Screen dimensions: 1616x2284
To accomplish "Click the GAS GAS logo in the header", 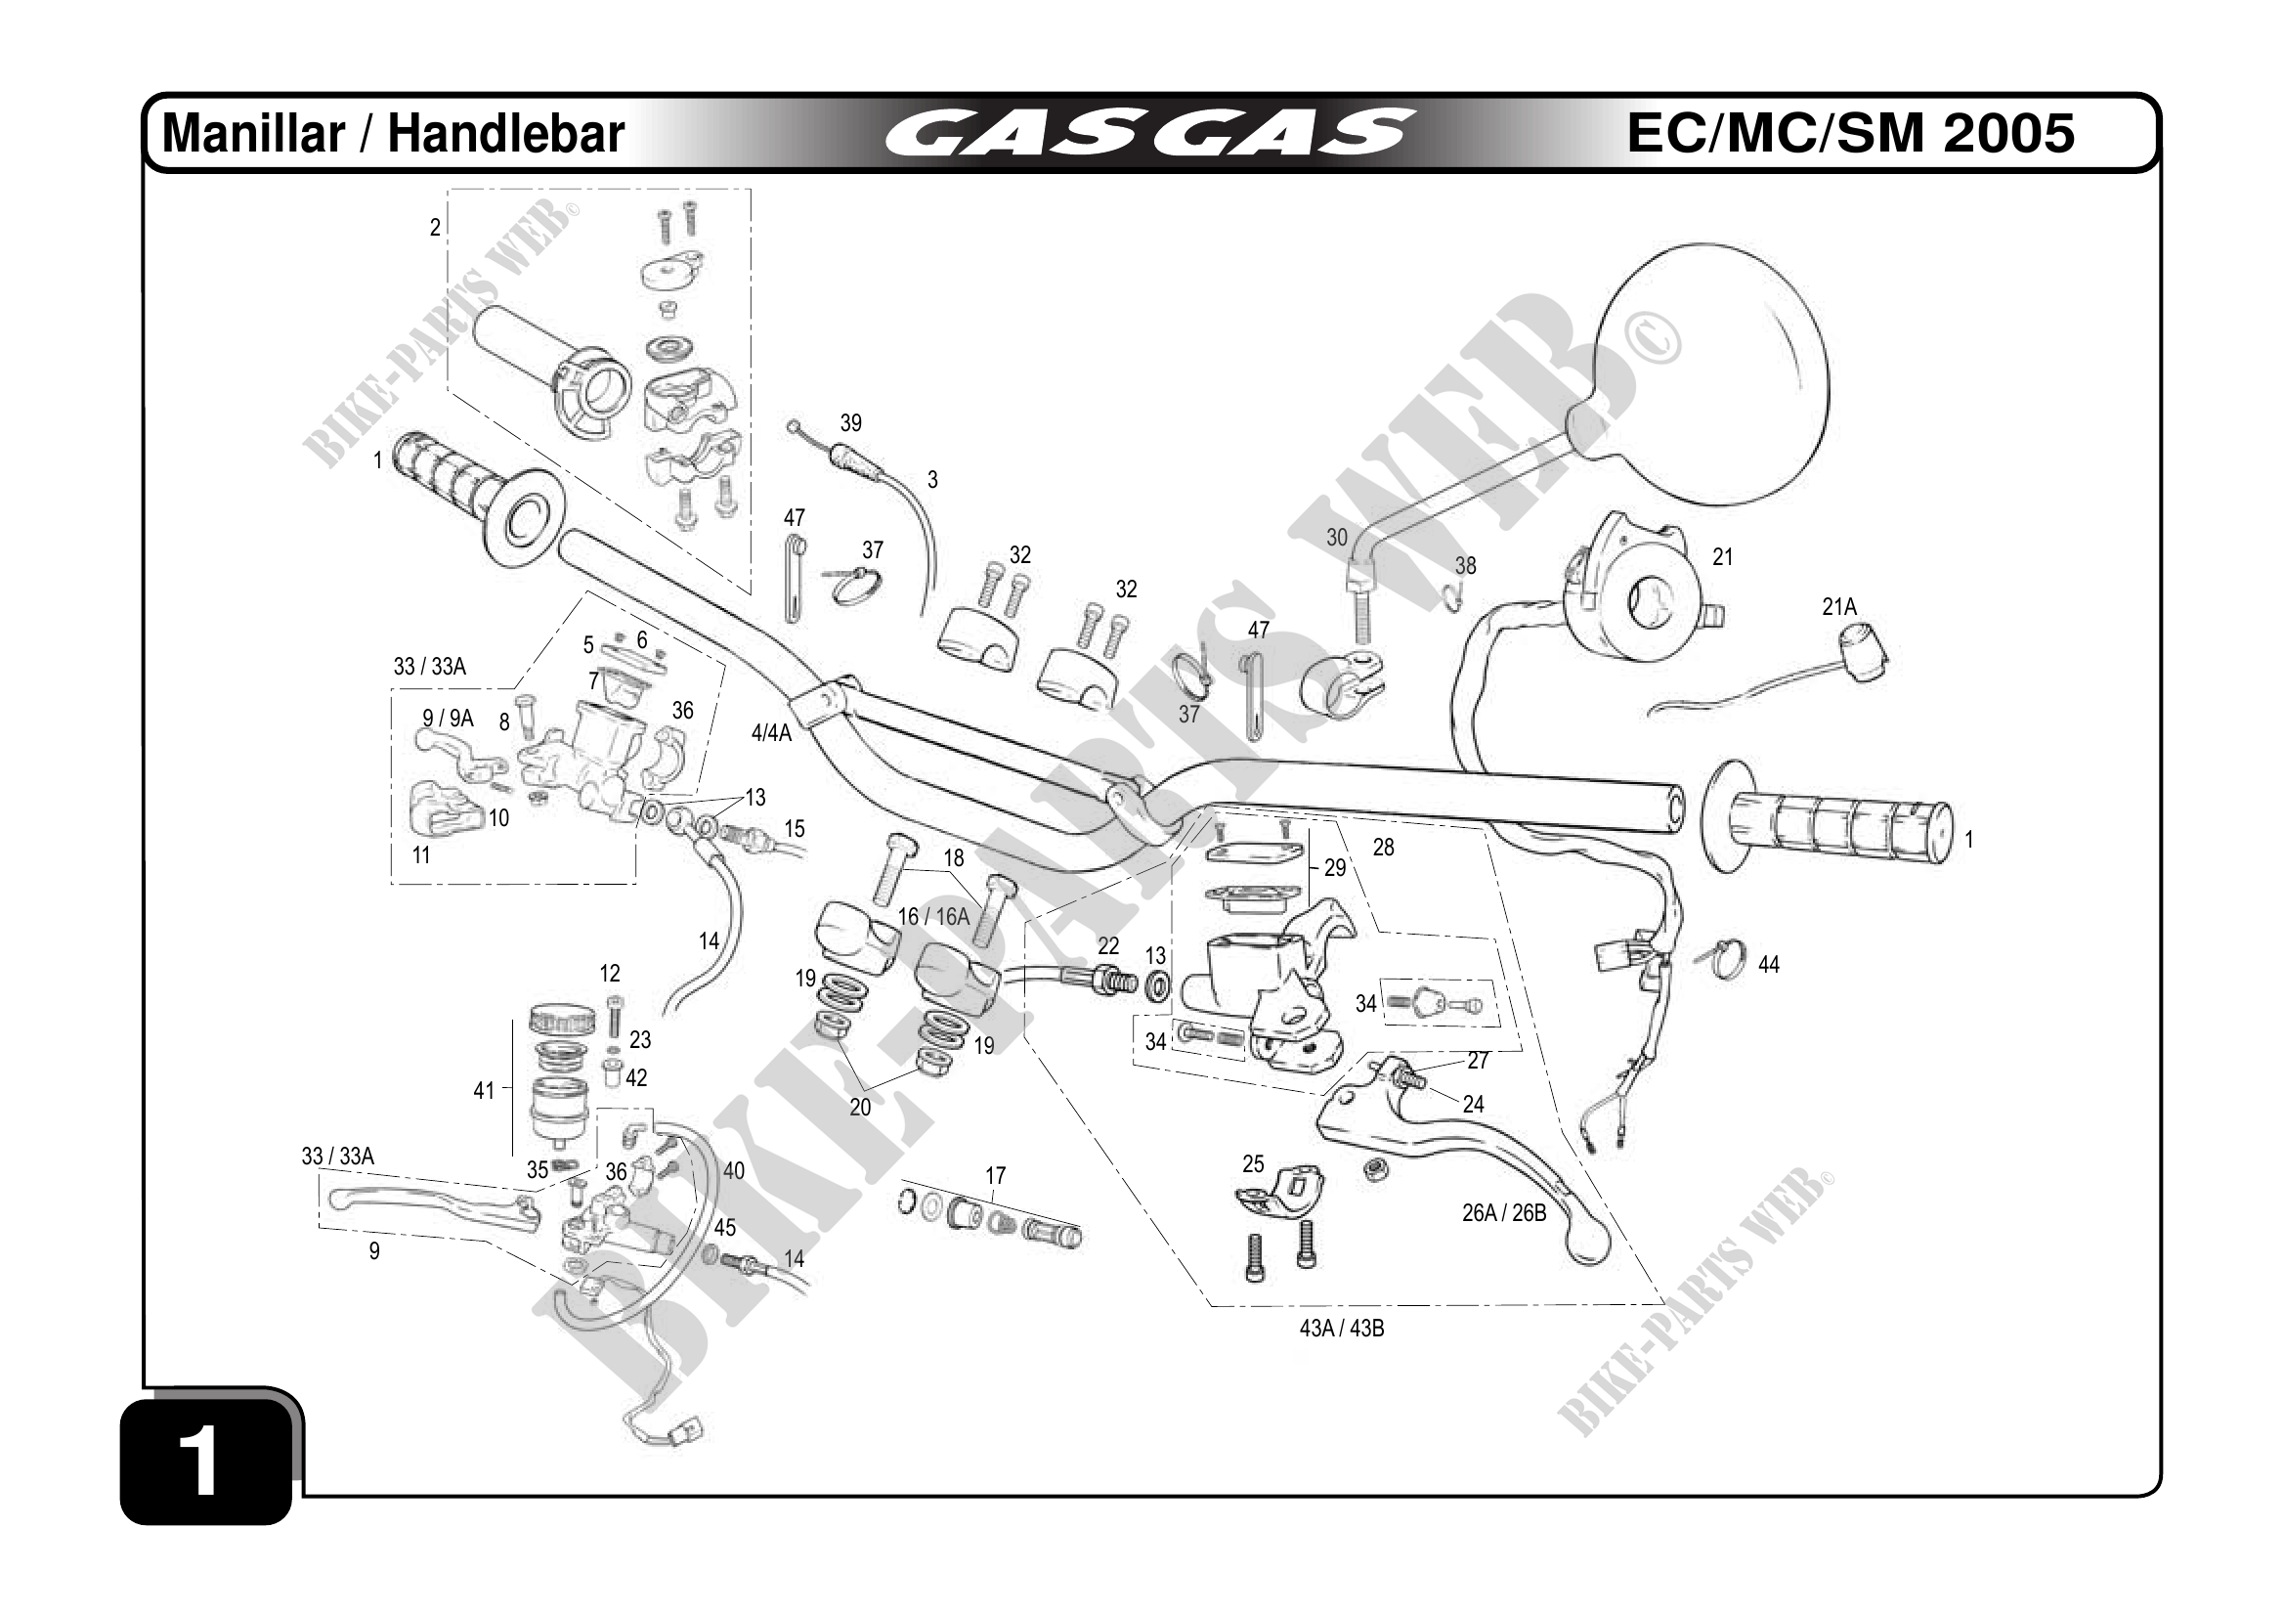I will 1149,133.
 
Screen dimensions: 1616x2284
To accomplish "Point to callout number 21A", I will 1839,606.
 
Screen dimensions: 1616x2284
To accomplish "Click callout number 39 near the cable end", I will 850,423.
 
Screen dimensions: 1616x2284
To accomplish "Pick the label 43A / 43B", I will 1342,1329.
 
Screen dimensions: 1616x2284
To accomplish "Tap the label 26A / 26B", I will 1504,1213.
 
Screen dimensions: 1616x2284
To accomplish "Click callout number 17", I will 996,1175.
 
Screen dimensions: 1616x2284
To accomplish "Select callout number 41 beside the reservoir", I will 484,1091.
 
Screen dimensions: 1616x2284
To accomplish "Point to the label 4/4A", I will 771,733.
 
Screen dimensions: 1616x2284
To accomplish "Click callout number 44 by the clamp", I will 1769,964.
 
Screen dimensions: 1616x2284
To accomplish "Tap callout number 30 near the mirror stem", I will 1337,538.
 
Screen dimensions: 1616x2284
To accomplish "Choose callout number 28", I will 1384,847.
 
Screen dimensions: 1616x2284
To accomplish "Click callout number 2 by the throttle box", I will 435,228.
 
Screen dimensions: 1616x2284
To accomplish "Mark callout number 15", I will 794,829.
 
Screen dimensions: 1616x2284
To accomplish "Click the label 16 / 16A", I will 933,916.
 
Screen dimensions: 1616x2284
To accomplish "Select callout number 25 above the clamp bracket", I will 1253,1163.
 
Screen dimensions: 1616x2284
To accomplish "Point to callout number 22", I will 1108,945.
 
